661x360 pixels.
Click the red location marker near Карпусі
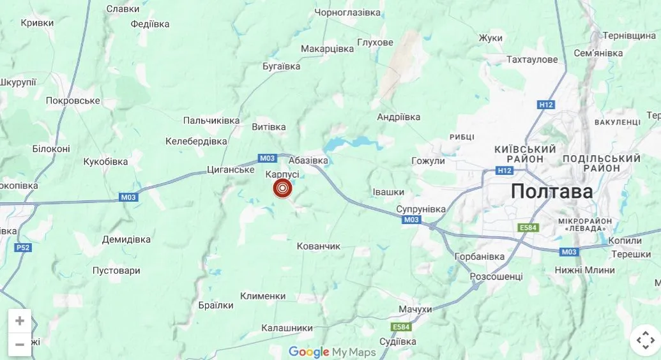[x=282, y=188]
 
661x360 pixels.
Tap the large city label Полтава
[x=552, y=191]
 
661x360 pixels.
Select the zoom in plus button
[x=20, y=321]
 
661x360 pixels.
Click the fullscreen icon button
[x=644, y=340]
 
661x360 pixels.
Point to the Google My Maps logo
[x=332, y=352]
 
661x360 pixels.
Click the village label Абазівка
[x=308, y=161]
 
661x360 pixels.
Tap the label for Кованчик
[x=319, y=246]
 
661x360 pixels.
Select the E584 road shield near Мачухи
[x=401, y=327]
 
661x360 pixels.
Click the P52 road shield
[x=23, y=248]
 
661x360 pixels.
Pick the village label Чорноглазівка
[x=347, y=12]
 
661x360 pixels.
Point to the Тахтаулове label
[x=532, y=59]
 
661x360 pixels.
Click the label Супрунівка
[x=420, y=209]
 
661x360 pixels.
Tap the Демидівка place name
[x=126, y=239]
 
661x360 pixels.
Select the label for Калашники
[x=287, y=328]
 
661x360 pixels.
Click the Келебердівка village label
[x=196, y=140]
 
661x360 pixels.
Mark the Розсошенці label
[x=496, y=276]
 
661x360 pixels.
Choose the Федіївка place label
[x=150, y=24]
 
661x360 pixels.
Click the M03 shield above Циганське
[x=267, y=158]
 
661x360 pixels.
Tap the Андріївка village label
[x=399, y=117]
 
